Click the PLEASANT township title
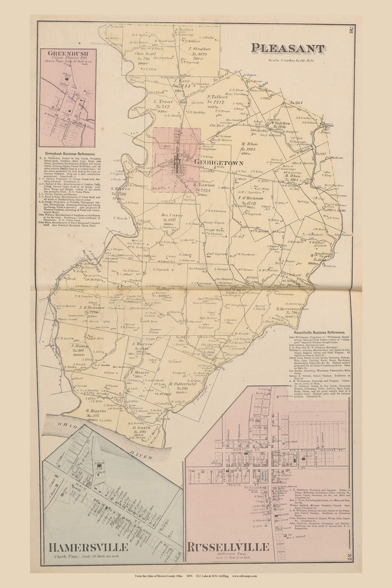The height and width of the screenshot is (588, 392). (287, 48)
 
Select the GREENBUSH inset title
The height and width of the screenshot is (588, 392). (67, 53)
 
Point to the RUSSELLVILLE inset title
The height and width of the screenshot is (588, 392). (228, 547)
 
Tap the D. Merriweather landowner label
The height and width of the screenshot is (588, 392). (292, 309)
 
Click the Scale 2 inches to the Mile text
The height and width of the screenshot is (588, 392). (291, 61)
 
